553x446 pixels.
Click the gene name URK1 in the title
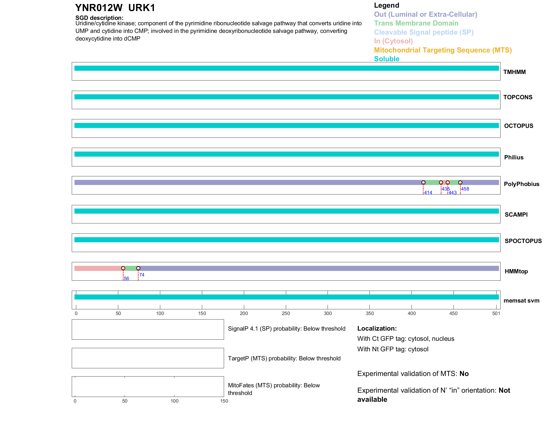click(142, 8)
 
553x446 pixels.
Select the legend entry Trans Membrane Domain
click(416, 23)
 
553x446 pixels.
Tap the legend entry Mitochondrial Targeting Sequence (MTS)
click(443, 50)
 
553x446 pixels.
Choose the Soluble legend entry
click(387, 59)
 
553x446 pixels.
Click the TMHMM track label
click(514, 72)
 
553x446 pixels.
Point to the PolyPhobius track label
click(522, 184)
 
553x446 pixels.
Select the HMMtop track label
click(516, 271)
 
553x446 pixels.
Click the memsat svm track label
click(521, 301)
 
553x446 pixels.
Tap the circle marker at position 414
click(423, 183)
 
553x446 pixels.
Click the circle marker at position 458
click(460, 183)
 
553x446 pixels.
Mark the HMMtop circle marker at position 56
click(123, 268)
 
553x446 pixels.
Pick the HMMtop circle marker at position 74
click(138, 268)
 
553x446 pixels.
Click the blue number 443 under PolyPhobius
click(453, 193)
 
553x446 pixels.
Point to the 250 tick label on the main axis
click(286, 313)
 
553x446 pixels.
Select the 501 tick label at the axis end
click(496, 313)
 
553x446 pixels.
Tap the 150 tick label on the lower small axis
click(224, 401)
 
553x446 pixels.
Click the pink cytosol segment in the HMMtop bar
click(98, 268)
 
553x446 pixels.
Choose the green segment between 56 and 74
click(130, 268)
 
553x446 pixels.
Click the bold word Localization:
click(377, 329)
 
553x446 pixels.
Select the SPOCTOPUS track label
click(523, 241)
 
